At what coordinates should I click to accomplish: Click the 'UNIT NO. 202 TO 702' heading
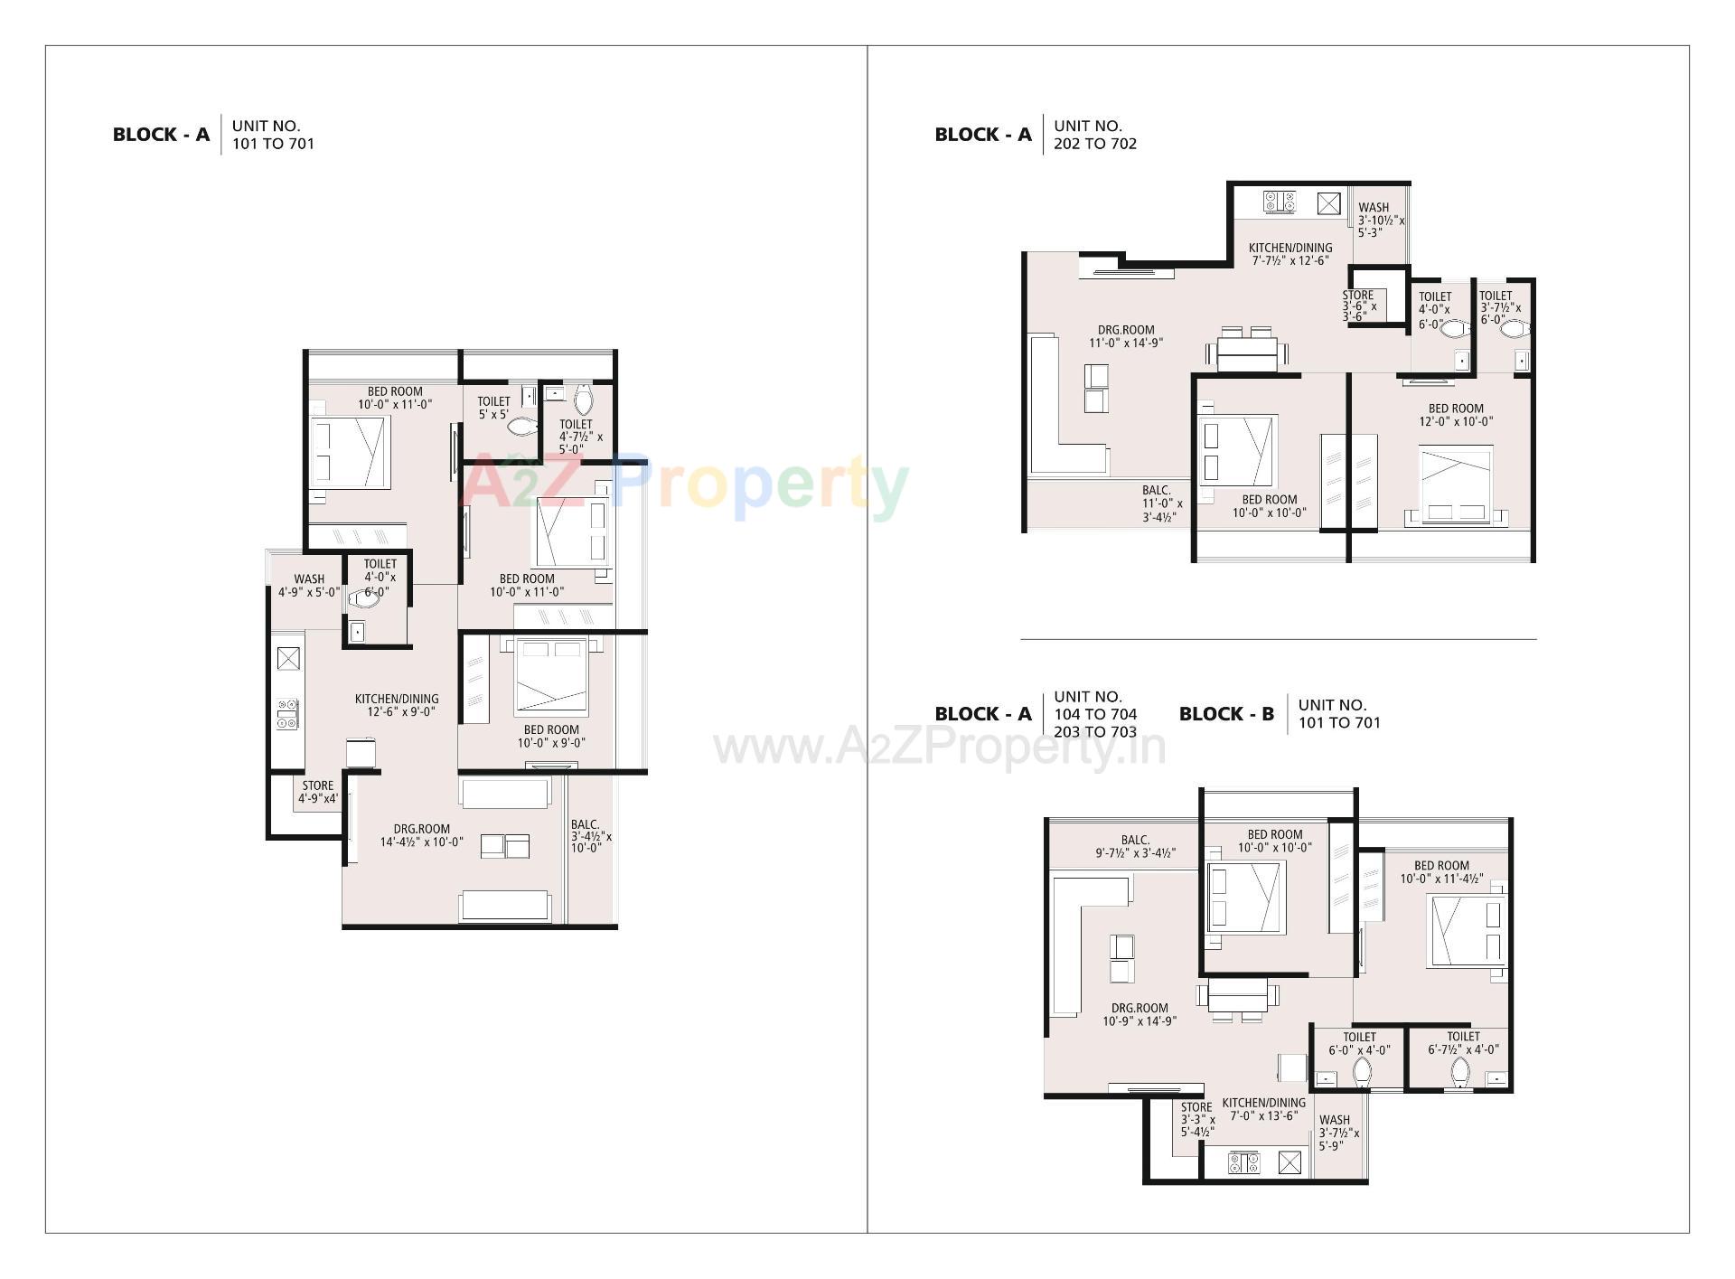pos(1094,135)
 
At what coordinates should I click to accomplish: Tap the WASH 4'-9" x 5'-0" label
pos(309,586)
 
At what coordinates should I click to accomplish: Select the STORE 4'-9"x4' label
pos(318,792)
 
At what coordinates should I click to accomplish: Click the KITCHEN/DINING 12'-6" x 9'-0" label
pos(397,705)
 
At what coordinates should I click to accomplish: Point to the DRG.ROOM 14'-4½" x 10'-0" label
pos(422,835)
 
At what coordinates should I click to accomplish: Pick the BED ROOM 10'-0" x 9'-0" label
pos(551,736)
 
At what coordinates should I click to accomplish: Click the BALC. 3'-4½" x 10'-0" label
pos(590,836)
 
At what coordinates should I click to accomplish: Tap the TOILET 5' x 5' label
pos(494,408)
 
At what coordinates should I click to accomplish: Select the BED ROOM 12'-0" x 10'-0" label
pos(1456,415)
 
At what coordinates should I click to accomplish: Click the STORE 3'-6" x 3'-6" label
pos(1359,306)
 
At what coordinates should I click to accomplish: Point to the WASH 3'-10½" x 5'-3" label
pos(1380,220)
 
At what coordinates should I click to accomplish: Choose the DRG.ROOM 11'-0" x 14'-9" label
pos(1126,336)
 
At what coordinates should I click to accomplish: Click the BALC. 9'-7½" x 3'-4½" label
pos(1135,846)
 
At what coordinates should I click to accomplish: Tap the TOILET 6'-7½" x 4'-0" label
pos(1463,1043)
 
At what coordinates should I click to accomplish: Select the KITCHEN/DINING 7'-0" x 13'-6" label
pos(1263,1109)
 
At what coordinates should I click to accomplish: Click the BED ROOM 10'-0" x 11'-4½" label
pos(1441,871)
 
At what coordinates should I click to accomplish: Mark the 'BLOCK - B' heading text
pos(1226,714)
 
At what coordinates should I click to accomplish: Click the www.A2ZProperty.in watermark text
pos(940,748)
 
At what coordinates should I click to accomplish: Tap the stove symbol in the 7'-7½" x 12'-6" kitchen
pos(1279,202)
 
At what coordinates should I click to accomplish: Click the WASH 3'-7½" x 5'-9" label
pos(1337,1133)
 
